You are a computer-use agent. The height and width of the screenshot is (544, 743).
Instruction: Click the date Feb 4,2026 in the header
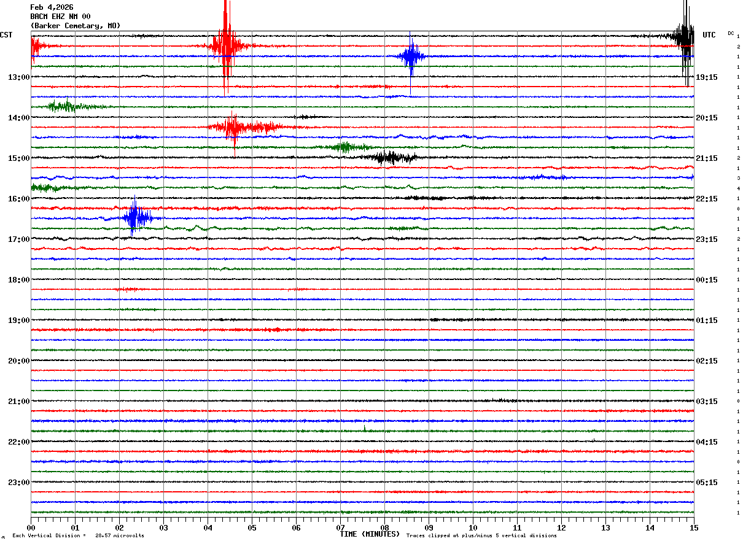point(52,7)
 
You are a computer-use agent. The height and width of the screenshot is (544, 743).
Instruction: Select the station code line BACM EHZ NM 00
point(60,17)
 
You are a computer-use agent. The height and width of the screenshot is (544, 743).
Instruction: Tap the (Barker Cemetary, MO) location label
point(75,26)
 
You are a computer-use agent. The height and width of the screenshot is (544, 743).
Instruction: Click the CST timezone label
point(6,35)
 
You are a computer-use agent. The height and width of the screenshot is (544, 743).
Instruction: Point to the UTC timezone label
point(709,35)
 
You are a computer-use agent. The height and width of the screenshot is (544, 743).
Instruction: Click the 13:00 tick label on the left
point(18,77)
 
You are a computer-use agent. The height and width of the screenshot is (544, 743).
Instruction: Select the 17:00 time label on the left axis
point(18,239)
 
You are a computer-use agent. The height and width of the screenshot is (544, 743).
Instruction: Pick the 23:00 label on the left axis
point(18,483)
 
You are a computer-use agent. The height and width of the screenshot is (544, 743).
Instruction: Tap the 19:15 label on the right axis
point(707,77)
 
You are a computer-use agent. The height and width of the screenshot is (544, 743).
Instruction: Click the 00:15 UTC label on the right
point(707,280)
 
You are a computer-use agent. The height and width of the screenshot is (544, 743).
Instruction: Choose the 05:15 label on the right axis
point(707,483)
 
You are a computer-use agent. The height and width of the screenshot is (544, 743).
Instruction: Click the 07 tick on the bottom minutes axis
point(341,527)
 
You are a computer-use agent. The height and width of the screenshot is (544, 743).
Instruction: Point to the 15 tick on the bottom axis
point(694,527)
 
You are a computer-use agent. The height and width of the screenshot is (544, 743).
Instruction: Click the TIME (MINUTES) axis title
point(370,534)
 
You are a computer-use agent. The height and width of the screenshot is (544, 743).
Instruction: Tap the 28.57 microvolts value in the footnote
point(119,535)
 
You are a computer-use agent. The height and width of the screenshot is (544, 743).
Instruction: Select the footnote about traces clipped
point(481,535)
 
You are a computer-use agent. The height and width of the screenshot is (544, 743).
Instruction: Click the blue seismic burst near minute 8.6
point(411,57)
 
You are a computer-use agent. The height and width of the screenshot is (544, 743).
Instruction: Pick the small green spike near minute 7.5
point(364,429)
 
